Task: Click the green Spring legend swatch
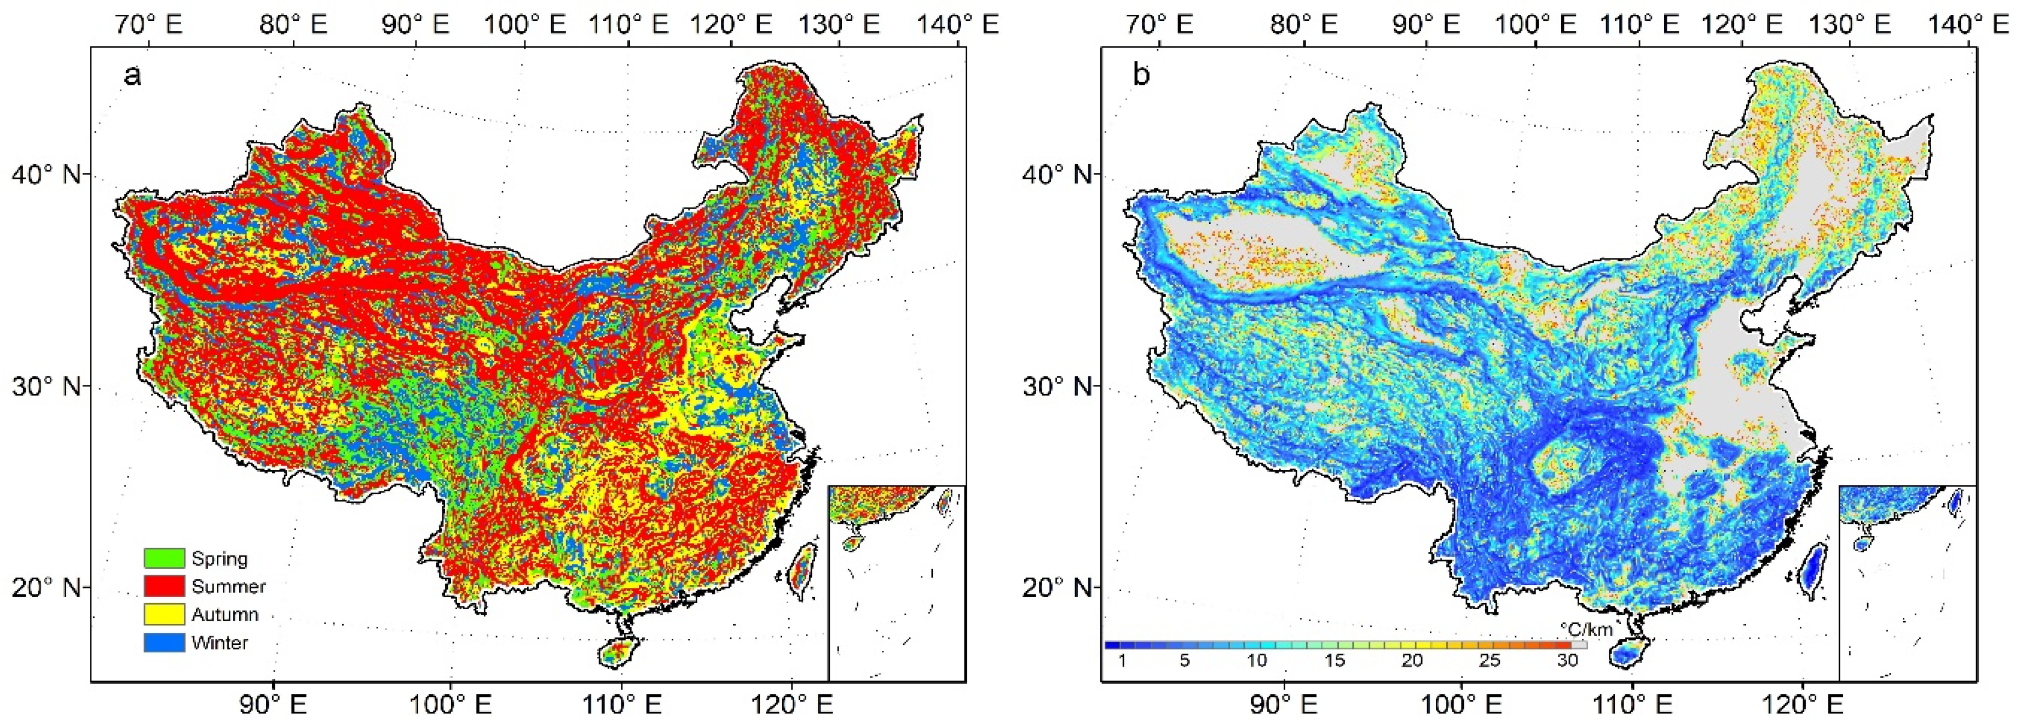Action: tap(164, 558)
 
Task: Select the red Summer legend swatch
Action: tap(164, 586)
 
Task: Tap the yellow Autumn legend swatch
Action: tap(164, 614)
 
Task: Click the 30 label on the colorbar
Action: tap(1567, 661)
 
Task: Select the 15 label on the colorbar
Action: tap(1335, 661)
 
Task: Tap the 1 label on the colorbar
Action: tap(1122, 661)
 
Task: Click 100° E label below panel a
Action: tap(449, 704)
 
